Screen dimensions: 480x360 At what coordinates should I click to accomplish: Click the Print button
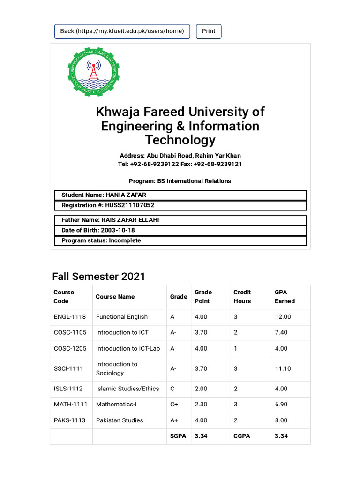point(209,31)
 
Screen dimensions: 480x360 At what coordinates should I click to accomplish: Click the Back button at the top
point(122,31)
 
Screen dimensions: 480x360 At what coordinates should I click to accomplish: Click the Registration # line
point(107,205)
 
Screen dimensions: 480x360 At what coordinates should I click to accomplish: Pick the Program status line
point(101,240)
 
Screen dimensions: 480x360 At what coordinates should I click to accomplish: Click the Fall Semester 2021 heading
point(99,277)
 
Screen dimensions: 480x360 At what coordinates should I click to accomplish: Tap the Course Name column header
point(115,297)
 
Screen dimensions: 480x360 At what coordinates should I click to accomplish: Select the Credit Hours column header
point(242,297)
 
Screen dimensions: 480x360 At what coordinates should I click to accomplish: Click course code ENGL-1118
point(70,317)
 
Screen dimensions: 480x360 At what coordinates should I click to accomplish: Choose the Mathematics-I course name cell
point(116,404)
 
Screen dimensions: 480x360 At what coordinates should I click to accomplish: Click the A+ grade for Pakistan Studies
point(174,420)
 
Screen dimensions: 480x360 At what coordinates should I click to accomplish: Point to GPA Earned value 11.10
point(283,368)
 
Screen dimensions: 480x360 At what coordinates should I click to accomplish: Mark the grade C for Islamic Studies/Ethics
point(172,389)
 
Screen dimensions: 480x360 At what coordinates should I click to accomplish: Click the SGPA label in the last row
point(178,436)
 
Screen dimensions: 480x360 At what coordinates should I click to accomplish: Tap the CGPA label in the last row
point(242,436)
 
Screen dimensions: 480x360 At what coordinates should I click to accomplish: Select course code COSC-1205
point(70,348)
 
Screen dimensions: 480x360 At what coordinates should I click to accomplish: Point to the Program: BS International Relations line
point(180,181)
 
